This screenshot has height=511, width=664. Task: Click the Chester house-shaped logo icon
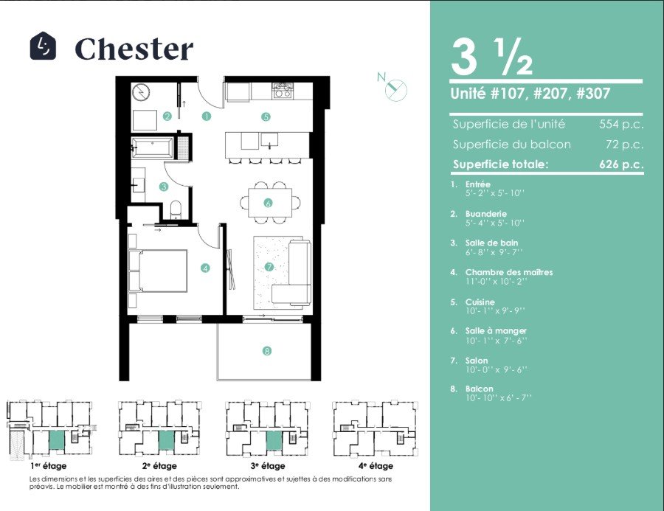(43, 46)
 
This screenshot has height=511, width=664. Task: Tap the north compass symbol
(395, 88)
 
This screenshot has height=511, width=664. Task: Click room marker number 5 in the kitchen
(266, 117)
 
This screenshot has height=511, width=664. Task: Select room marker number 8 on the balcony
(267, 351)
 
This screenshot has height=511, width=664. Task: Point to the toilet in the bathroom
(176, 210)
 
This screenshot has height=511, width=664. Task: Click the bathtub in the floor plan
(152, 147)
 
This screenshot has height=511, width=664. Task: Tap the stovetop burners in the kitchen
(283, 90)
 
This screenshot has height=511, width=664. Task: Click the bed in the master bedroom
(158, 271)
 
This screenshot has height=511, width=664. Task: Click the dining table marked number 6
(270, 203)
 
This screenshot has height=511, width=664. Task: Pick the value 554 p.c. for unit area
(621, 125)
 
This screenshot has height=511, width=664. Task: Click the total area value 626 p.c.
(621, 164)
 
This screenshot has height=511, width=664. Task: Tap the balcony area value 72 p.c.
(625, 145)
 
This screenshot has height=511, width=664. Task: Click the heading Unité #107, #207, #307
(530, 93)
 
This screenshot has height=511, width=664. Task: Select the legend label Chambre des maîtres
(509, 272)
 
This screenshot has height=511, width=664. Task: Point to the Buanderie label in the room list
(485, 214)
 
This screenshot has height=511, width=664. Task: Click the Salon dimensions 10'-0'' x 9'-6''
(497, 369)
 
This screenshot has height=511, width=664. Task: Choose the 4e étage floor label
(376, 466)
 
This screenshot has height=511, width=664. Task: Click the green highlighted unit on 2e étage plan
(167, 441)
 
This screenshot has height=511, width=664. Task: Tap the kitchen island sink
(269, 139)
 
